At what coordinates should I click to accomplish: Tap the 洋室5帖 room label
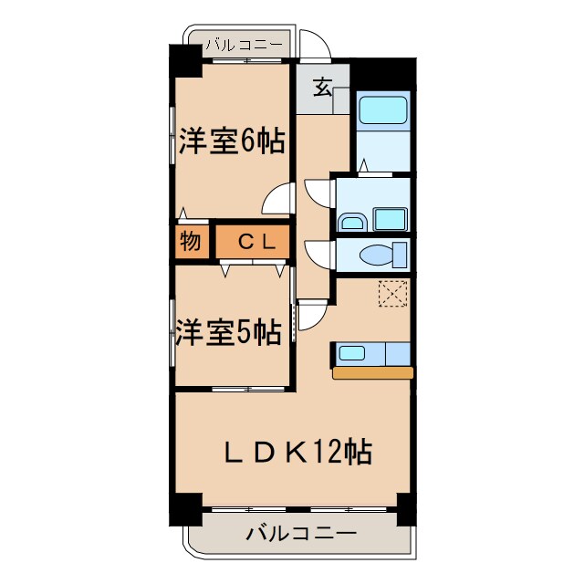coord(228,332)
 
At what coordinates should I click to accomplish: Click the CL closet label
coord(252,242)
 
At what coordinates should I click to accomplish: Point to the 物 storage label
coord(190,242)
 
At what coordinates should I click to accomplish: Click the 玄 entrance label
coord(322,88)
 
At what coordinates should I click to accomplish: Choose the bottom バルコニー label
coord(301,534)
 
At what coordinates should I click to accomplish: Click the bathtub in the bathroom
coord(382,110)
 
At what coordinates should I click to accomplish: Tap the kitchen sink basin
coord(352,353)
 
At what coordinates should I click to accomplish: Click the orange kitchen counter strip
coord(372,372)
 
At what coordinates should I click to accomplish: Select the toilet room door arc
coord(319,250)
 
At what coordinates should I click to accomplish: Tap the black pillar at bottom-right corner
coord(409,507)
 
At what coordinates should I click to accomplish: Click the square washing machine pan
coord(391,219)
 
